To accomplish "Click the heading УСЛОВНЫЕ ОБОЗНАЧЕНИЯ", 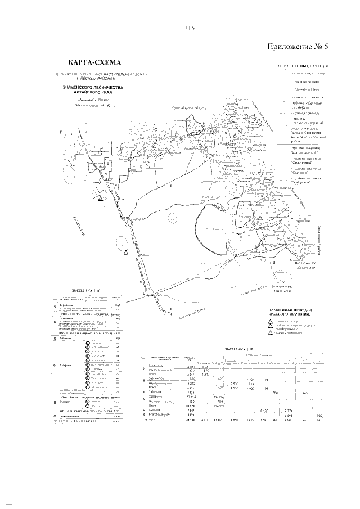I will pyautogui.click(x=303, y=67).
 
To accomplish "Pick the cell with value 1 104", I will pyautogui.click(x=251, y=380).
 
